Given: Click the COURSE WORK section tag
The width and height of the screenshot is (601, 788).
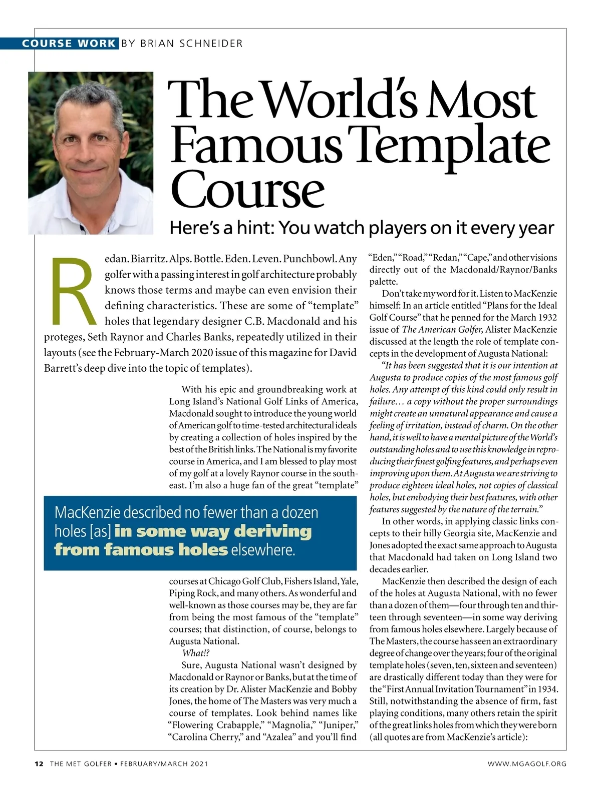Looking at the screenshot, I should tap(69, 43).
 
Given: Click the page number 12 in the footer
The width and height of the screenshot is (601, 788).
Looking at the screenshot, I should tap(39, 764).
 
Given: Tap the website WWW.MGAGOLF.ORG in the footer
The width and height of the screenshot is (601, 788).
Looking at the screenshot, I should tap(527, 764).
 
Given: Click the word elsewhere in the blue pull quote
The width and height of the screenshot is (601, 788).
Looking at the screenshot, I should tap(262, 550).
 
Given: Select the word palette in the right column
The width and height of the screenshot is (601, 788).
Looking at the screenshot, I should tap(383, 282).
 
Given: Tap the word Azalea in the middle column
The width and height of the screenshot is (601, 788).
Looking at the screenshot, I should tap(279, 737).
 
